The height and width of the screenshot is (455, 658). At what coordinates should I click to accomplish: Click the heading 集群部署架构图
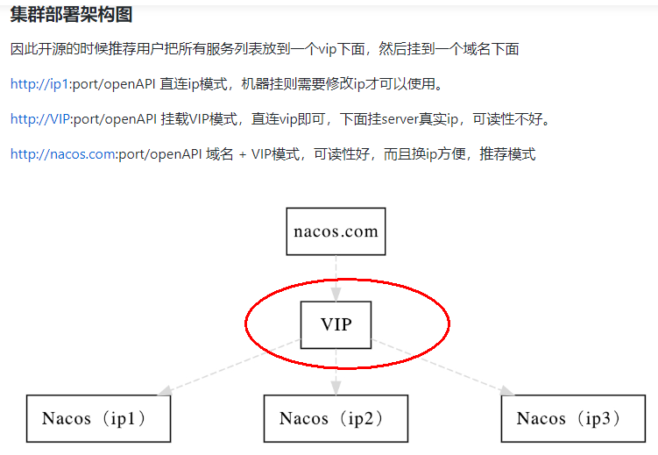(71, 15)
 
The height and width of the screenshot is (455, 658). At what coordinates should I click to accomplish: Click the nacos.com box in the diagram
(336, 231)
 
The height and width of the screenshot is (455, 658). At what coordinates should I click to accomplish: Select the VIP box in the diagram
(336, 324)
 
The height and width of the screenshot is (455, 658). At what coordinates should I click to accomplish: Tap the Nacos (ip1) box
(98, 418)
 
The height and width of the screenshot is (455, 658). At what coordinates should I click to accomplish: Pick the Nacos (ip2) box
(336, 418)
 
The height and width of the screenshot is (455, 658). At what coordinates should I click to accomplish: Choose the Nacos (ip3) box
(573, 418)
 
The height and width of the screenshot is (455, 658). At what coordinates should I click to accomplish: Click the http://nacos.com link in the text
(62, 154)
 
